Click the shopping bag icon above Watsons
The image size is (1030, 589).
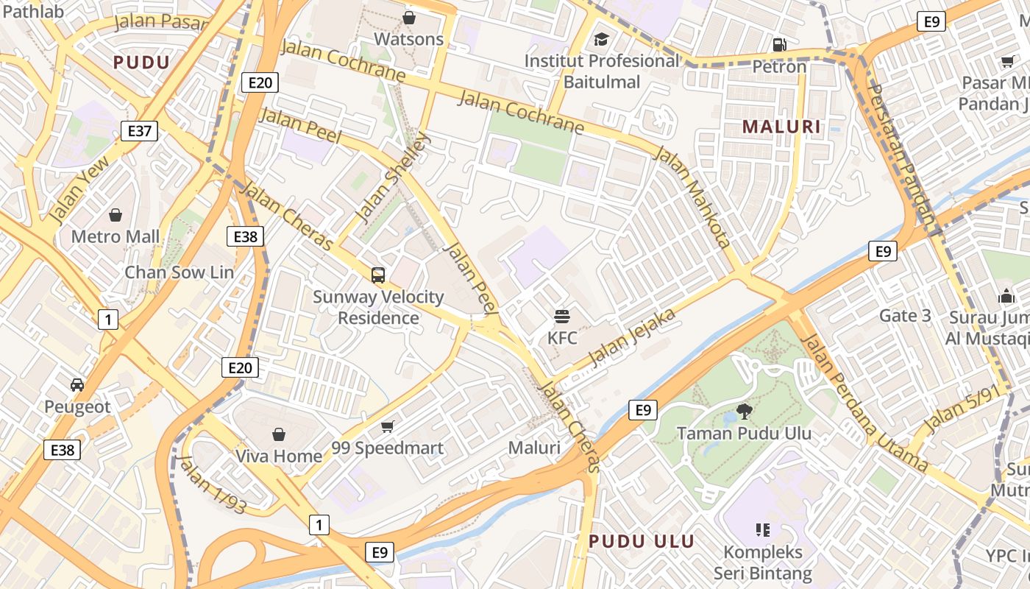[409, 17]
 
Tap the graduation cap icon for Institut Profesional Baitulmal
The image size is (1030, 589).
[602, 39]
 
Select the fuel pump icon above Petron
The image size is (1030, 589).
[780, 44]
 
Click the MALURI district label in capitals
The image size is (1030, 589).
[781, 127]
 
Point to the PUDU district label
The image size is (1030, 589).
[141, 63]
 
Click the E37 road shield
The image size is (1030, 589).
[139, 132]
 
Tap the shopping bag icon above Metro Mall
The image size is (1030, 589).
[116, 215]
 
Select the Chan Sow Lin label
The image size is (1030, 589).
[179, 272]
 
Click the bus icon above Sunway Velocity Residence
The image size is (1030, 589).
[378, 275]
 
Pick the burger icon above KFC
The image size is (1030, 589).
[562, 317]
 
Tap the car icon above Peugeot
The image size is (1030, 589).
[77, 384]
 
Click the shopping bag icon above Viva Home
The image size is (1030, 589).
[279, 434]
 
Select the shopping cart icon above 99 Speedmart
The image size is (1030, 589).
[388, 426]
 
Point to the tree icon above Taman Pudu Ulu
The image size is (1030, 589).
[744, 411]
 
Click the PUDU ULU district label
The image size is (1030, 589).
[642, 542]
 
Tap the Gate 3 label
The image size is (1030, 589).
[905, 316]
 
